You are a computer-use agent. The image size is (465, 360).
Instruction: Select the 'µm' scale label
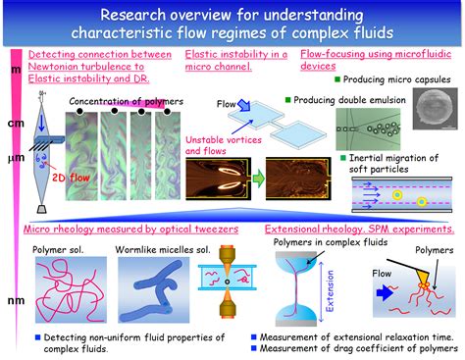(x=15, y=157)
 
